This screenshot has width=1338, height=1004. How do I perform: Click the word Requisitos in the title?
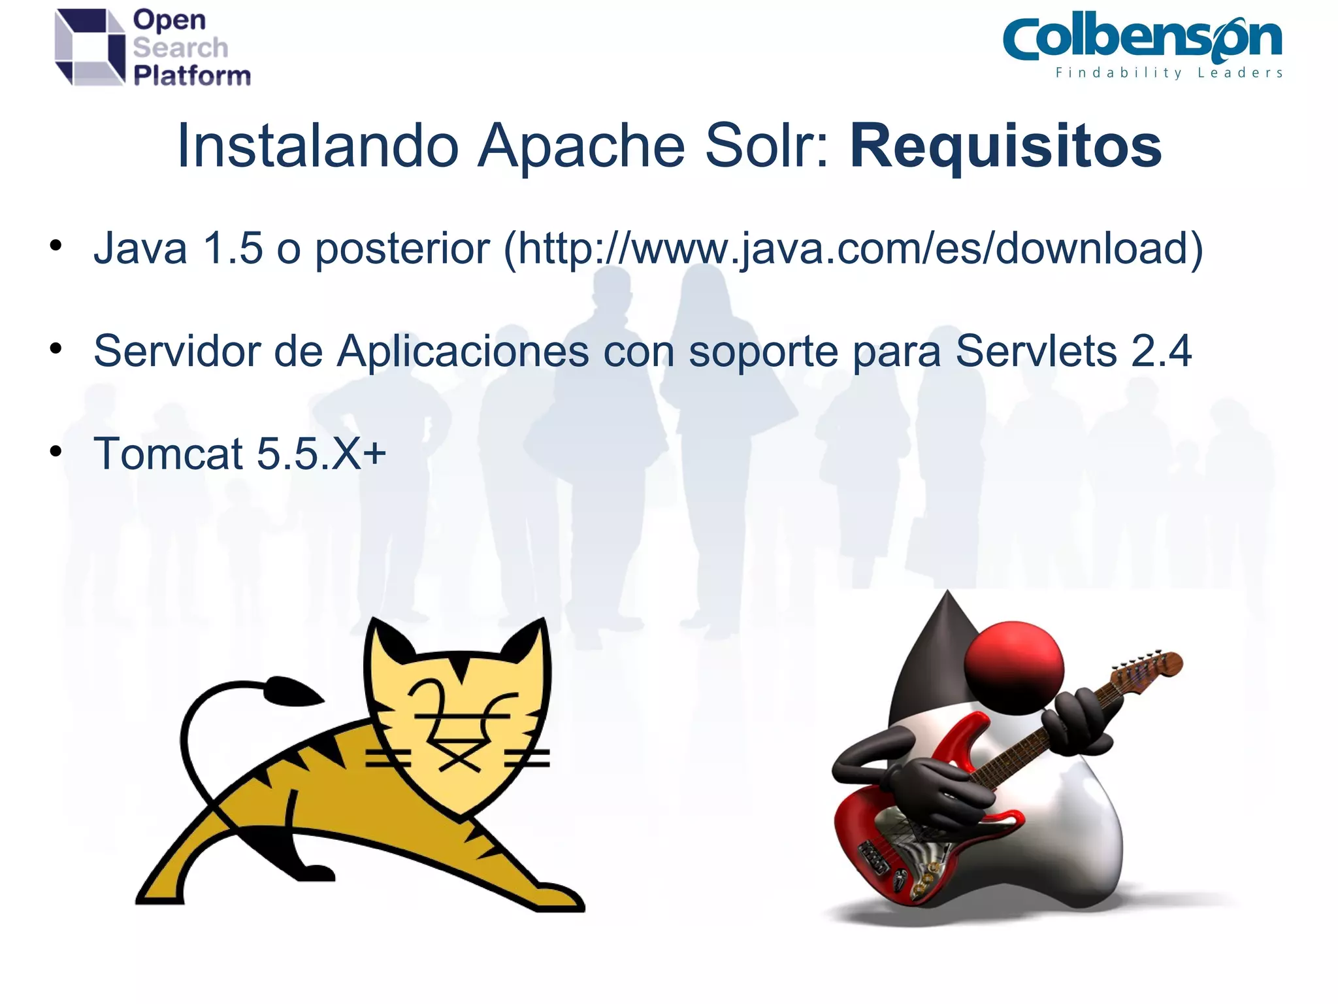(1005, 147)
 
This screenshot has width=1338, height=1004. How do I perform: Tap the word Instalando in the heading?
(318, 146)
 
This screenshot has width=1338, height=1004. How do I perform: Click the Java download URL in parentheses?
(853, 249)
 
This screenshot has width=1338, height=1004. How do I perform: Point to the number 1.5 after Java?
(233, 248)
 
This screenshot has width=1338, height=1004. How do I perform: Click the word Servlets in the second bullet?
(1036, 351)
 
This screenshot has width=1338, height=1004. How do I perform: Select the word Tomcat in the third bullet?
(168, 453)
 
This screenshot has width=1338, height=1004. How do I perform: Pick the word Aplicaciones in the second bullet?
(463, 352)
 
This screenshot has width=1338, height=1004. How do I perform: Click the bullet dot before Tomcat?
(56, 451)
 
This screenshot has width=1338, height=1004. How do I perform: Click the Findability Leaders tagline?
(1169, 73)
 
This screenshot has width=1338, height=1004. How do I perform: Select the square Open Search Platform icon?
(90, 47)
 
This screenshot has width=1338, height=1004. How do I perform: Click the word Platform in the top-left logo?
(192, 76)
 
